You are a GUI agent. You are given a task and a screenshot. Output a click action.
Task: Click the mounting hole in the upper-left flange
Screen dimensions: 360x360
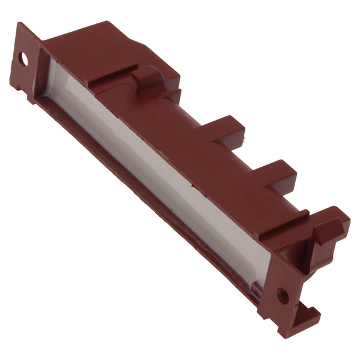click(x=23, y=59)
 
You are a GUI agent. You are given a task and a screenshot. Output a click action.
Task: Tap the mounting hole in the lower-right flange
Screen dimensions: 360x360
click(x=281, y=295)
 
